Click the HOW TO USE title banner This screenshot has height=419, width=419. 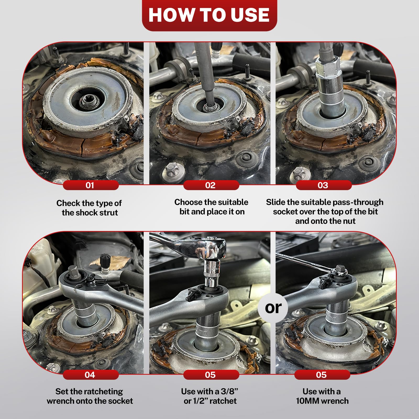point(210,15)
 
